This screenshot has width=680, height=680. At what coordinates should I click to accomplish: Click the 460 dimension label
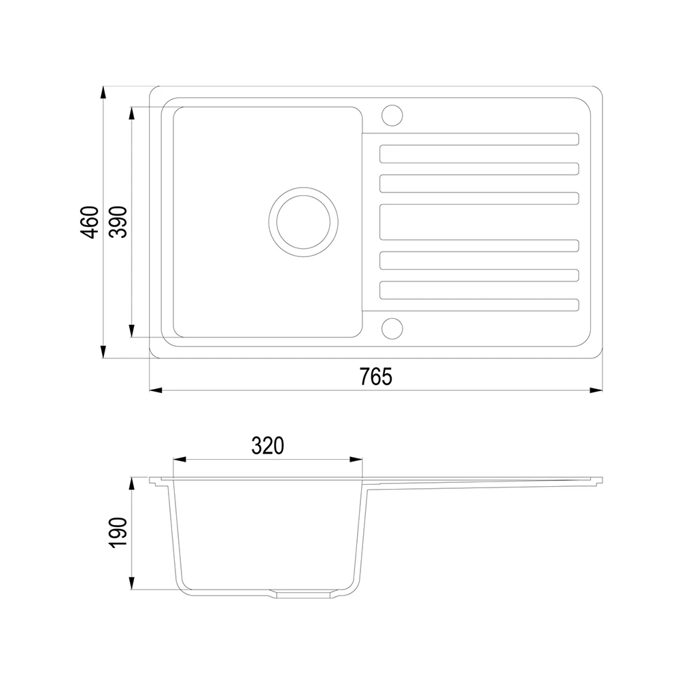click(x=90, y=222)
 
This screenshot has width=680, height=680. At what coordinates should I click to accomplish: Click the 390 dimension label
click(x=118, y=222)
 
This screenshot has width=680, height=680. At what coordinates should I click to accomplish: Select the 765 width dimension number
click(x=375, y=377)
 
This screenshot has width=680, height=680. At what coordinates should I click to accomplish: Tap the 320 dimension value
click(x=267, y=445)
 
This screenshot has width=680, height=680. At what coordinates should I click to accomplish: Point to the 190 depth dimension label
click(x=118, y=533)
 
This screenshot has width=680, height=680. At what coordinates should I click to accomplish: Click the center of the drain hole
click(x=303, y=222)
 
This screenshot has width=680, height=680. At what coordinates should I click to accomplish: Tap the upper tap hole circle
click(x=392, y=116)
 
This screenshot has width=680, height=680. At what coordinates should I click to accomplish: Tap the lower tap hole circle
click(x=392, y=328)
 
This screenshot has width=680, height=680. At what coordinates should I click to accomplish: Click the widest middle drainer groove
click(x=479, y=222)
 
